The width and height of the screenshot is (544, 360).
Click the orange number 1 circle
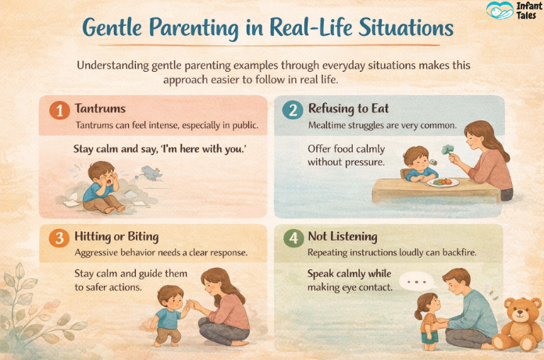click(x=59, y=110)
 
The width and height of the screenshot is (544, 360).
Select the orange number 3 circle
click(x=59, y=238)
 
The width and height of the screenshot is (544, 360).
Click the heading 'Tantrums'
click(x=101, y=108)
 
